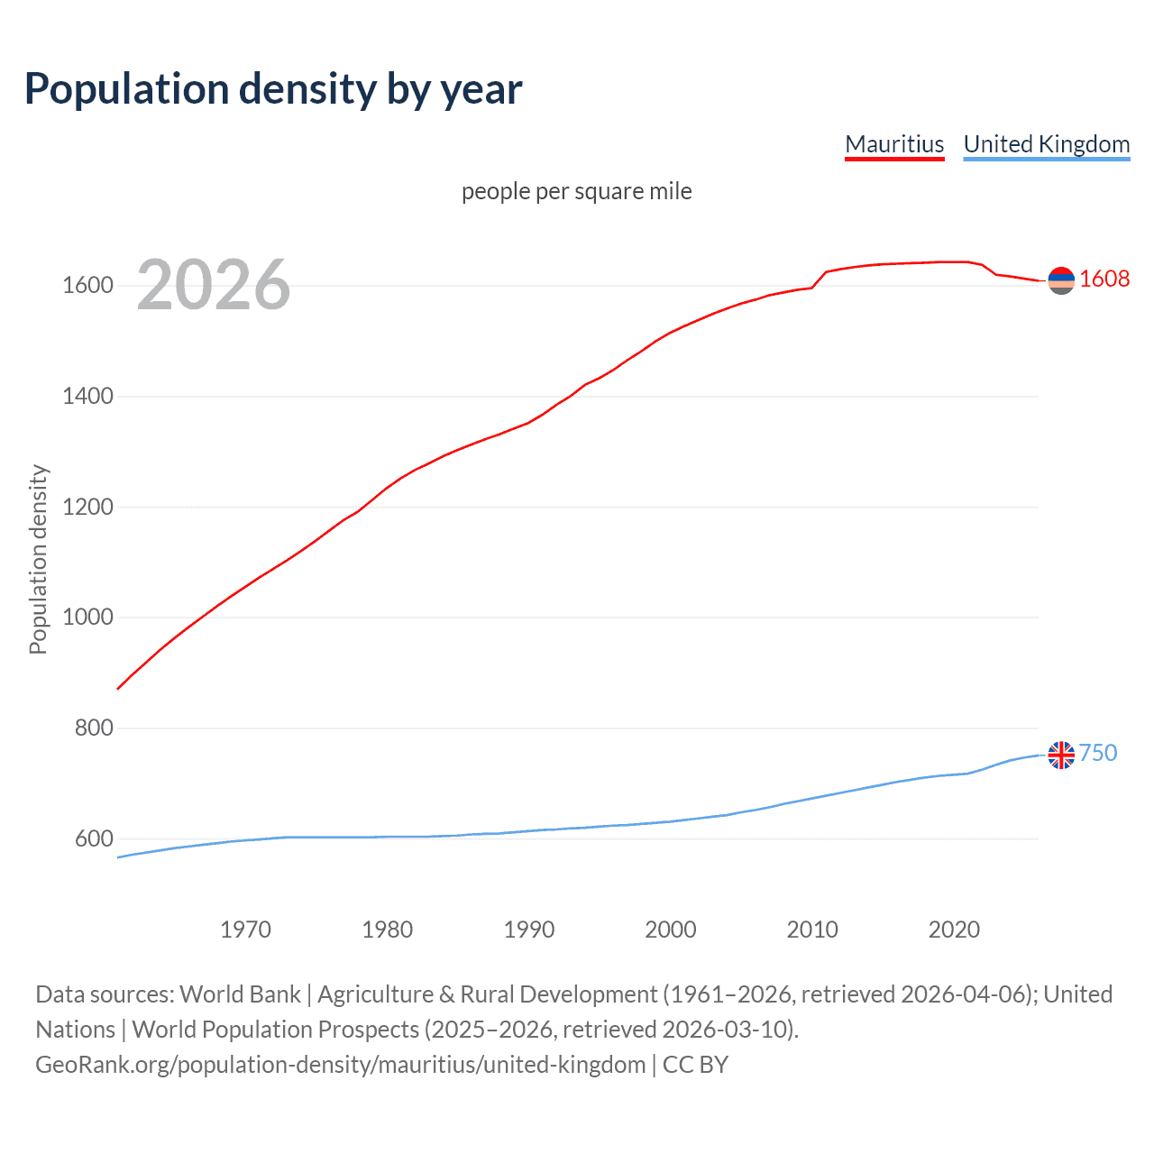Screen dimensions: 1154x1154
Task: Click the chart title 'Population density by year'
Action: (273, 89)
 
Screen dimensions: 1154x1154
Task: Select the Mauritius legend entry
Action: (894, 144)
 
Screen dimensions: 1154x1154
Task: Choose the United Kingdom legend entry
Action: (1046, 144)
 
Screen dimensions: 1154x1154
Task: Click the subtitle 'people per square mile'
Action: (576, 192)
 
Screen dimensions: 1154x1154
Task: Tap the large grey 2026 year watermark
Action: (214, 285)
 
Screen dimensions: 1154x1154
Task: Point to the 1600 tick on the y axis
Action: (87, 286)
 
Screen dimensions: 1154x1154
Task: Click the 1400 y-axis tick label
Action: (87, 397)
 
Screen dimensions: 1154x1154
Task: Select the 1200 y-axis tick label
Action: (87, 508)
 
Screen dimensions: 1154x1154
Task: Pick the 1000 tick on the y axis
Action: (87, 618)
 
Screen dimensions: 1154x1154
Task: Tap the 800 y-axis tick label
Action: (94, 728)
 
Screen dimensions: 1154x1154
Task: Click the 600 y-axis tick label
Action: (94, 839)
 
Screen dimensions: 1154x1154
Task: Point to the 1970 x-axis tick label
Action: (245, 930)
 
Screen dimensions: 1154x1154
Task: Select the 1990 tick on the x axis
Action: (529, 930)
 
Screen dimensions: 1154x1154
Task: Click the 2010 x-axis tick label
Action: (812, 930)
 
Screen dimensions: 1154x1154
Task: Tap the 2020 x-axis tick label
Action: (954, 930)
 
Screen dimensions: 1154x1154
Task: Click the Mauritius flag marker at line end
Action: (1061, 280)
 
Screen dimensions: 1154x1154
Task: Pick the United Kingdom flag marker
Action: (1061, 755)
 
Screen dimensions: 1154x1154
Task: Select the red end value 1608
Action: (1104, 279)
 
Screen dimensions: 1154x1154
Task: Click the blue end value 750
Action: (1098, 754)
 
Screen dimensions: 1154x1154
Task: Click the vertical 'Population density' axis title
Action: (38, 559)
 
